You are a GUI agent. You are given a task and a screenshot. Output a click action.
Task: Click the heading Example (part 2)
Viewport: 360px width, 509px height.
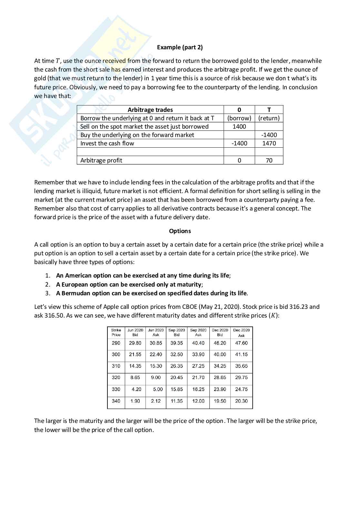click(180, 47)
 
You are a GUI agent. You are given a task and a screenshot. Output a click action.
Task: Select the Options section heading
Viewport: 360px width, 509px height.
click(180, 231)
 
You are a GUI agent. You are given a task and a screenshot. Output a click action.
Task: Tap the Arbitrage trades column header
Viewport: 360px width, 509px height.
click(150, 110)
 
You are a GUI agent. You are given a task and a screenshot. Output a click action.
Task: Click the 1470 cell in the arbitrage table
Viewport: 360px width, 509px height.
click(269, 143)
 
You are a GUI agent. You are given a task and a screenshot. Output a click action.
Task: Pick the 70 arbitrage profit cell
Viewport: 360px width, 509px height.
click(269, 160)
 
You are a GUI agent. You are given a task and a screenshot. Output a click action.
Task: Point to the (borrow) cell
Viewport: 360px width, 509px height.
click(239, 118)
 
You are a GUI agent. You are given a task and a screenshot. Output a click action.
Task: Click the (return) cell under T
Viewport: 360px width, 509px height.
click(269, 118)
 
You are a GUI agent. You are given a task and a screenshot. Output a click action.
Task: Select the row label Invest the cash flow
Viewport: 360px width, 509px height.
click(107, 143)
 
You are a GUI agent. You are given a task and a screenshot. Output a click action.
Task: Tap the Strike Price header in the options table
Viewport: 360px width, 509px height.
click(116, 332)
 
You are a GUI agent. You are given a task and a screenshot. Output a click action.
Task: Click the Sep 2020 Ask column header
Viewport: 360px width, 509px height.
click(198, 332)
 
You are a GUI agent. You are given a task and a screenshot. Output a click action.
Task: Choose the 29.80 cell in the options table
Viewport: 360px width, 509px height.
click(135, 343)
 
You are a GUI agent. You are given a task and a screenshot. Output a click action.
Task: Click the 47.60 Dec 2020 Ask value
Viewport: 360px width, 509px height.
click(241, 343)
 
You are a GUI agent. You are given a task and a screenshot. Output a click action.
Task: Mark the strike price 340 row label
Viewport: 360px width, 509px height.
click(116, 401)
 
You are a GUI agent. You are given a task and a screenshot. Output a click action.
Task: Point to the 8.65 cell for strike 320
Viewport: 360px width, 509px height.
click(135, 377)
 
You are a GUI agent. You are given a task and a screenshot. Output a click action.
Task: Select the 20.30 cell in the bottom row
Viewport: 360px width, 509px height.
click(241, 401)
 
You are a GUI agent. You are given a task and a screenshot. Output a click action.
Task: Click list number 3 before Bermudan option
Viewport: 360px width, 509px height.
click(47, 293)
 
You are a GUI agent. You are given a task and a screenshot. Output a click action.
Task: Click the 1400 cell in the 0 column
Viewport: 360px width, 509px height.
click(239, 127)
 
